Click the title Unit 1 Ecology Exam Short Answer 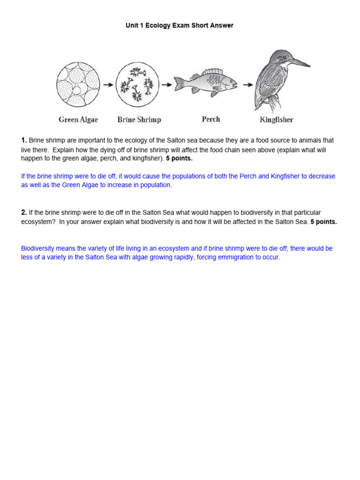point(179,26)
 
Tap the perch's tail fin point(180,84)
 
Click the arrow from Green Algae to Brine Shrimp point(108,85)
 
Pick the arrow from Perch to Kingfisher point(246,85)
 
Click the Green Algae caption point(78,120)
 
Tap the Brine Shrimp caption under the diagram point(139,120)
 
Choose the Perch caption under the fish point(210,119)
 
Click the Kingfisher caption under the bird point(276,120)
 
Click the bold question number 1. point(24,141)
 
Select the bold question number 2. point(24,213)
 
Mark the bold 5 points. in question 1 point(179,158)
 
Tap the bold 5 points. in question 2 point(323,222)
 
